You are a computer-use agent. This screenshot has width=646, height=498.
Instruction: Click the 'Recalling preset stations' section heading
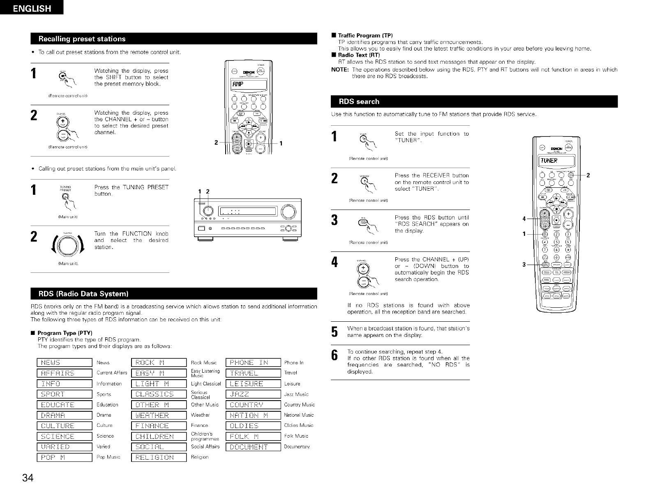82,39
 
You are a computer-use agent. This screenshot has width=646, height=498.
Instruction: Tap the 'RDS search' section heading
359,101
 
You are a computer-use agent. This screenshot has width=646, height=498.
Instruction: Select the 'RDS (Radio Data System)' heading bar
84,294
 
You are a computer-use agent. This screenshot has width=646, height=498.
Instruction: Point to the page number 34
28,478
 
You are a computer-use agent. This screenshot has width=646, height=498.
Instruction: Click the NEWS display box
65,362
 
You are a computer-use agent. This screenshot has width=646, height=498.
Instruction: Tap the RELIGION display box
159,457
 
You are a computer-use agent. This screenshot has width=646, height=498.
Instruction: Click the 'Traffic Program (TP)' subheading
365,35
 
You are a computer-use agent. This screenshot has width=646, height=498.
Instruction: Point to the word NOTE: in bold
340,69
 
